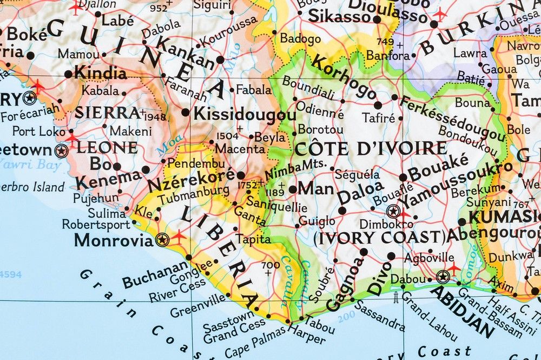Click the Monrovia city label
coord(114,240)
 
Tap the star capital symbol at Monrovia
coord(161,239)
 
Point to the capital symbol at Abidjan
coord(443,277)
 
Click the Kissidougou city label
coord(245,114)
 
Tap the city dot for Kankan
coord(220,60)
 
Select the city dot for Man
coord(293,189)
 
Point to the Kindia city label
coord(100,72)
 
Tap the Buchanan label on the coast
coord(155,274)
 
